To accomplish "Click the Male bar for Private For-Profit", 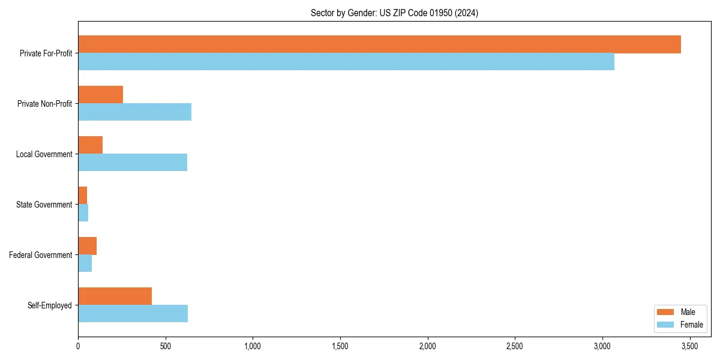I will (379, 44).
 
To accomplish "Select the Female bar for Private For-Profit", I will (346, 62).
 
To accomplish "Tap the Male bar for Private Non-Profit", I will (100, 95).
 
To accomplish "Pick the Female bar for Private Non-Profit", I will (134, 112).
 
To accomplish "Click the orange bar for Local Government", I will (90, 145).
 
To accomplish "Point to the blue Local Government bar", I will (133, 163).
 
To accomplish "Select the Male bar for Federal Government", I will (87, 246).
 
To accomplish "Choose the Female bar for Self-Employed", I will (133, 314).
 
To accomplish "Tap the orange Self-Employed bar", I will (115, 296).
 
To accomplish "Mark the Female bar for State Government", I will (83, 213).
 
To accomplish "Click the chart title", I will (394, 13).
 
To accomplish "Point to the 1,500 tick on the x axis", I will (340, 346).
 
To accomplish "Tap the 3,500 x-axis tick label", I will (690, 346).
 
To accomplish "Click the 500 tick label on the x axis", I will (166, 346).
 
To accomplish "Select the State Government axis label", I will (44, 205).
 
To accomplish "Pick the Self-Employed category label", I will (49, 305).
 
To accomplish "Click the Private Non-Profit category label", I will (44, 104).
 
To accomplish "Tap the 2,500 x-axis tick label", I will (515, 346).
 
